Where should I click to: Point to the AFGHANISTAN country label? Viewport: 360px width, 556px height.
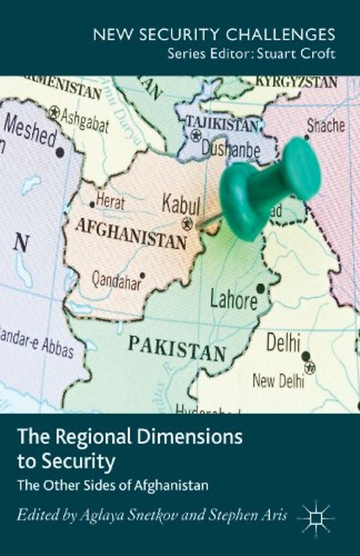(x=132, y=232)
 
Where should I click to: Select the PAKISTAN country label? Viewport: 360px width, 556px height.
(x=177, y=347)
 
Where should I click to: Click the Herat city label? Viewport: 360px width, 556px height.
(x=109, y=200)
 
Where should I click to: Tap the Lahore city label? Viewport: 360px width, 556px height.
(x=234, y=299)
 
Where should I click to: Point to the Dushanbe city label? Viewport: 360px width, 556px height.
(x=230, y=149)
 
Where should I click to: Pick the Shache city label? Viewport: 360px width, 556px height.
(x=325, y=125)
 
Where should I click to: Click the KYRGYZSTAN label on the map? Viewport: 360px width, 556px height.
(x=297, y=82)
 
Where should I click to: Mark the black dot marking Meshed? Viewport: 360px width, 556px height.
(x=60, y=152)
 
